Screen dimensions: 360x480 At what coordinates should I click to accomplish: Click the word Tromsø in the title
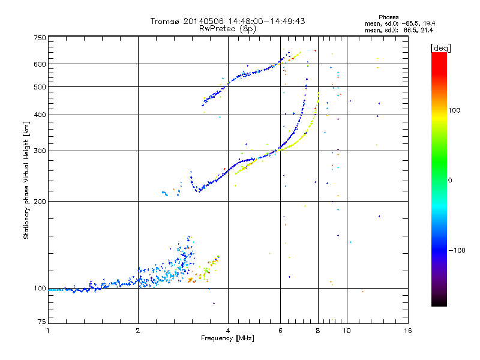click(x=164, y=21)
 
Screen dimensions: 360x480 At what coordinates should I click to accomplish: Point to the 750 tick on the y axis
click(x=40, y=38)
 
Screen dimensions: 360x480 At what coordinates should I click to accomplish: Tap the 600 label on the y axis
click(x=40, y=64)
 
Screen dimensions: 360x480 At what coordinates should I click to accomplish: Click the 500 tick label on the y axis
click(x=40, y=87)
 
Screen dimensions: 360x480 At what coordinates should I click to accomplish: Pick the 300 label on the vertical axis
click(x=40, y=151)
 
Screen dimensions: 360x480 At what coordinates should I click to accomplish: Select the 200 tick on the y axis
click(x=40, y=202)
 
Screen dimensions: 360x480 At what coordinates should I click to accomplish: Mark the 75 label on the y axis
click(x=42, y=322)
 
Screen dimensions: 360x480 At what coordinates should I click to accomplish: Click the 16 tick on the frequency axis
click(x=407, y=331)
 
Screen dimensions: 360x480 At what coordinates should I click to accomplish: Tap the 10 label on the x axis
click(x=346, y=331)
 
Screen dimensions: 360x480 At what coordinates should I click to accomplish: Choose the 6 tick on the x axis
click(x=280, y=331)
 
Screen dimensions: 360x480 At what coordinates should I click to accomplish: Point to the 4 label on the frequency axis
click(x=228, y=331)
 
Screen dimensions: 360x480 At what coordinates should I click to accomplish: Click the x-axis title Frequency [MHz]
click(x=228, y=338)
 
